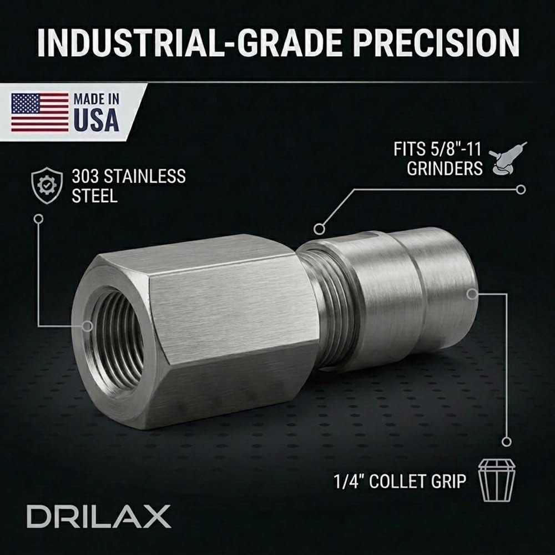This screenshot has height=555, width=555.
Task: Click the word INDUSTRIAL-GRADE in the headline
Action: click(x=190, y=43)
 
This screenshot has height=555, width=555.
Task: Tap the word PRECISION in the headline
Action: click(x=436, y=43)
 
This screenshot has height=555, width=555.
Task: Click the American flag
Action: click(x=40, y=112)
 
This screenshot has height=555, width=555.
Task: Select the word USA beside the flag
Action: click(x=96, y=120)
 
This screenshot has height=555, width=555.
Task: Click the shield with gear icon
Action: click(x=47, y=185)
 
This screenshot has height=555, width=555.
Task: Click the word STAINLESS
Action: click(x=144, y=176)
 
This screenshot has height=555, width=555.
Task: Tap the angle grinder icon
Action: click(x=508, y=158)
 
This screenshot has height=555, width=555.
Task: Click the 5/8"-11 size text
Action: click(x=456, y=149)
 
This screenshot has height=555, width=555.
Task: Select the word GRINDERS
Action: click(x=445, y=169)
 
